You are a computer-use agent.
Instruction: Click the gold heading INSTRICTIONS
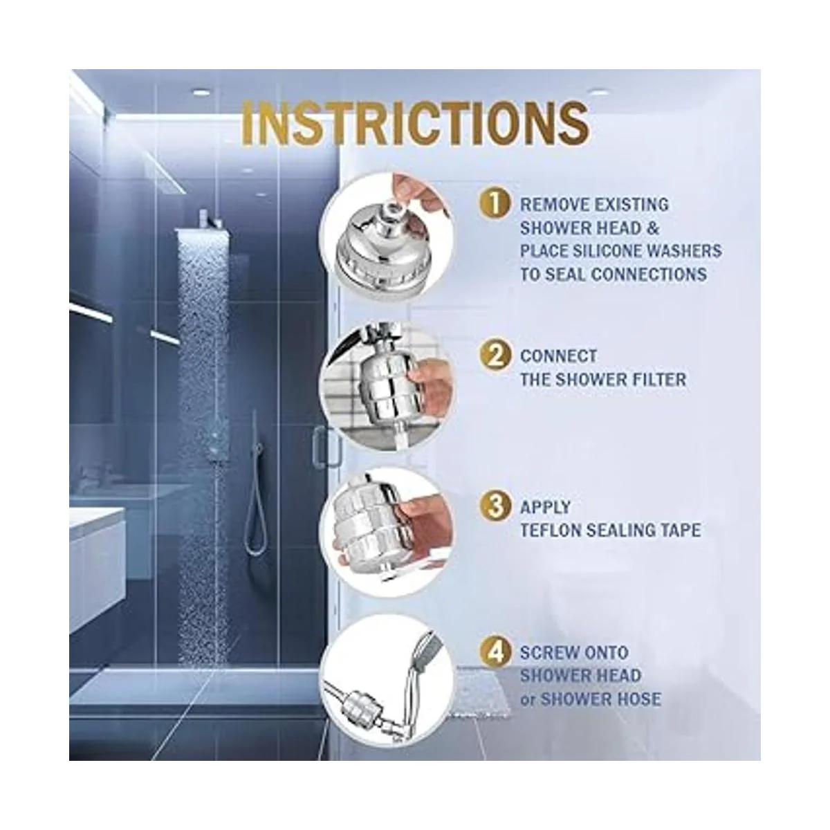[415, 122]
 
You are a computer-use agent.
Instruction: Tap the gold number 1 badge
[495, 203]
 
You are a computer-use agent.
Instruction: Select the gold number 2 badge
[495, 356]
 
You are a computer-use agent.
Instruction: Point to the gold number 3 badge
[495, 506]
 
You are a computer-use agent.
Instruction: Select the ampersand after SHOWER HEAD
[654, 228]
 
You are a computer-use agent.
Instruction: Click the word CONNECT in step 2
[559, 356]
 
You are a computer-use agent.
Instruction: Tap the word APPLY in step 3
[545, 507]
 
